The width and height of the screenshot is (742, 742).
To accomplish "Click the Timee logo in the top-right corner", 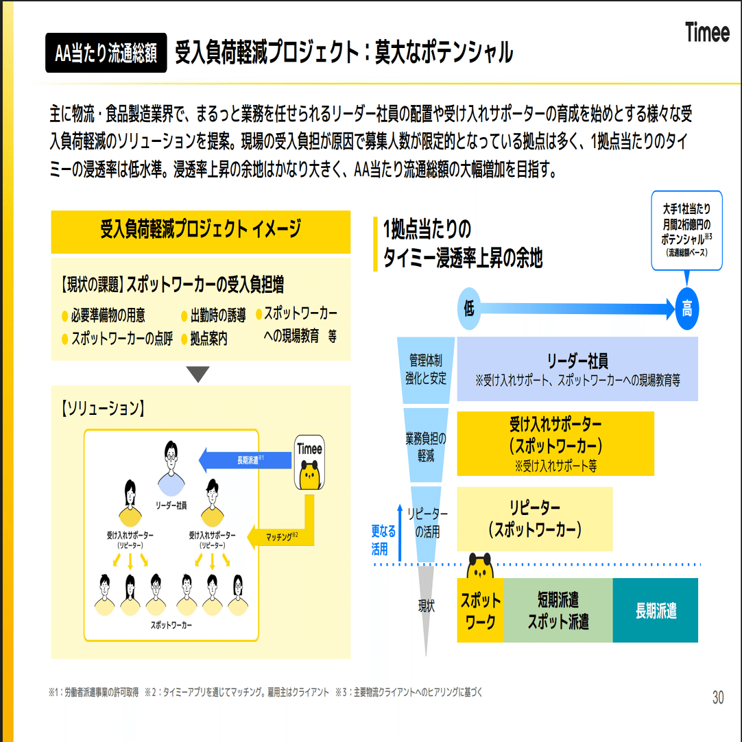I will pos(706,32).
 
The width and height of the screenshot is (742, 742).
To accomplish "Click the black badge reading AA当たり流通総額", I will pos(106,53).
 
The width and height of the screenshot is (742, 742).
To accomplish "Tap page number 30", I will pos(717,697).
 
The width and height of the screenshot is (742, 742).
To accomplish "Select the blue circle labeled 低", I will pos(469,308).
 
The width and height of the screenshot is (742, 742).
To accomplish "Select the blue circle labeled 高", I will pos(686,308).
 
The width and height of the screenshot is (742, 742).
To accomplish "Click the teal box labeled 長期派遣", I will pos(655,610).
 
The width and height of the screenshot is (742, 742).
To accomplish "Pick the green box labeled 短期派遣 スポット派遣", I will pos(558,610).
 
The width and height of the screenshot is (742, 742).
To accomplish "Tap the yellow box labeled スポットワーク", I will pos(480,610).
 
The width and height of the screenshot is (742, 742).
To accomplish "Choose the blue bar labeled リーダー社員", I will pos(577,368).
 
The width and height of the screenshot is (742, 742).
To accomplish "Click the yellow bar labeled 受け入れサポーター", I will pos(555,443).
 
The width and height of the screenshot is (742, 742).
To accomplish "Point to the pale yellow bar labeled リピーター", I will pos(535,518).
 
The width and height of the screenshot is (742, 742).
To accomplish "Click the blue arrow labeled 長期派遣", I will pos(246,459).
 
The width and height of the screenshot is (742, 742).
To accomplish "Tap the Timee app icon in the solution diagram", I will pos(309,462).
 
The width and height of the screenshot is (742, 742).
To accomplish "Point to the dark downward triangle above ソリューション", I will pos(198,374).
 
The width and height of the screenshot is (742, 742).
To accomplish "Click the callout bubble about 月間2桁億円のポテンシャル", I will pos(686,230).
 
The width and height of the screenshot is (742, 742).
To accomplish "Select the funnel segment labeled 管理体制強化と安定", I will pos(427,369).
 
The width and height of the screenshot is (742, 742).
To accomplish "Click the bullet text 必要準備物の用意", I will pos(108,316).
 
